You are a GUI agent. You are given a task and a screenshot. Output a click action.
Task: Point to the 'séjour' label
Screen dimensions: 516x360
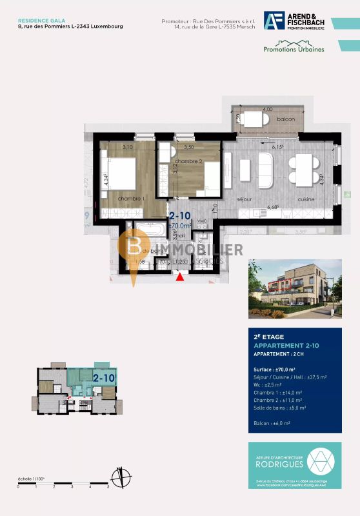[244, 199]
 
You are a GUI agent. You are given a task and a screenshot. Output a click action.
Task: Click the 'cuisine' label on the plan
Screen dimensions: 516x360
[306, 199]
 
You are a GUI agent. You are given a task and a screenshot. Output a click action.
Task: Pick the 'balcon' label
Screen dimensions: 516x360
[286, 120]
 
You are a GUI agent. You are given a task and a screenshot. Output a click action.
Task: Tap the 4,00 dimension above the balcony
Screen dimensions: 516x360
[268, 110]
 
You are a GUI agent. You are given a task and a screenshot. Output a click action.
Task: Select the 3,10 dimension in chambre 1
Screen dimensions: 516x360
[127, 148]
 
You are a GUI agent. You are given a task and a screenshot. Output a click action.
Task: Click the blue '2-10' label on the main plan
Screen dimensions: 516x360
[180, 216]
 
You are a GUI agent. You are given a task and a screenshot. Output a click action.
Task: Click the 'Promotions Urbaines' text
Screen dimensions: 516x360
[294, 48]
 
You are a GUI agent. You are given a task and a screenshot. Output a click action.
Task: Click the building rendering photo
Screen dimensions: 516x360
[295, 289]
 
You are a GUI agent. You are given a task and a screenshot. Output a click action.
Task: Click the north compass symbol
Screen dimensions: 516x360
[118, 478]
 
